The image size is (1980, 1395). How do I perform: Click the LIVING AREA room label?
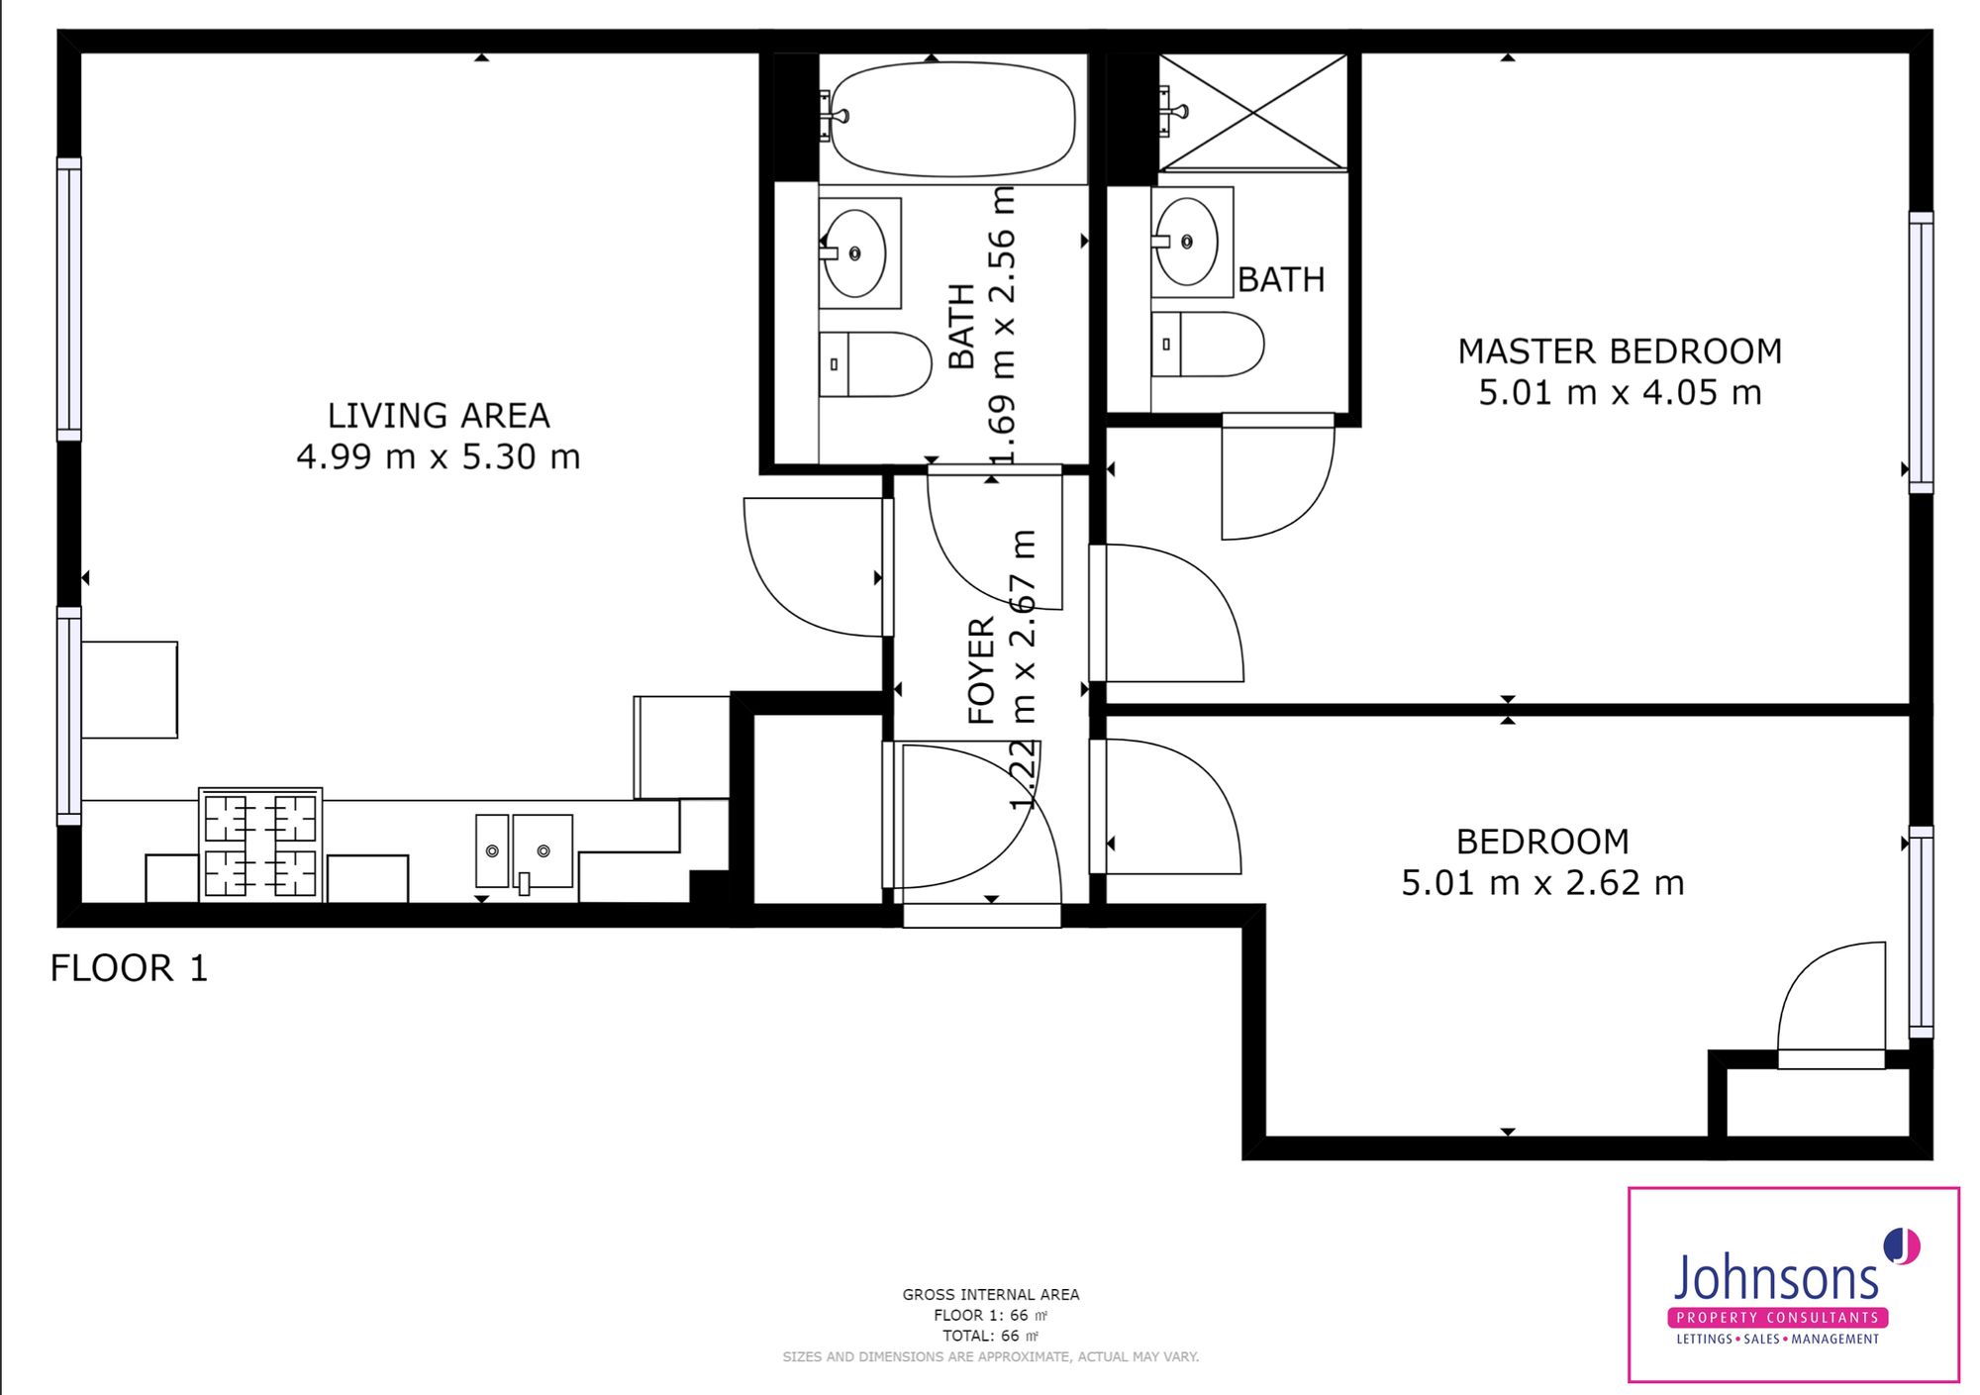click(439, 415)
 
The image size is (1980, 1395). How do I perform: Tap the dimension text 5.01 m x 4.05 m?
click(1620, 393)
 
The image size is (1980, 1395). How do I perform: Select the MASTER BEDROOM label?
click(1620, 351)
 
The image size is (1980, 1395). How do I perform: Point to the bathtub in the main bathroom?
click(952, 119)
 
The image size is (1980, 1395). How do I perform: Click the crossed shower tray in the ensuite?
click(1253, 112)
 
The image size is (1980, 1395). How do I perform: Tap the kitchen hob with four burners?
click(260, 846)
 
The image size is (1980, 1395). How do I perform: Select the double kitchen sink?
click(525, 850)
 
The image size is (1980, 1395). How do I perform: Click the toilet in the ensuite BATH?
click(1208, 345)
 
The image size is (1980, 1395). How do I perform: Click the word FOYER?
click(980, 670)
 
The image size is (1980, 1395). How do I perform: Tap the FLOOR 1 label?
click(129, 968)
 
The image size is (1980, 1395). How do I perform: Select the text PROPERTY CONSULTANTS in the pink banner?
click(1777, 1318)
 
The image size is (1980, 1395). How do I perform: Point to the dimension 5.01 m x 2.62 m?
click(1542, 883)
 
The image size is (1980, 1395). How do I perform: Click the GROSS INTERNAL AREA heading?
click(990, 1294)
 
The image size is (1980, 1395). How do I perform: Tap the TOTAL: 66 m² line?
click(990, 1336)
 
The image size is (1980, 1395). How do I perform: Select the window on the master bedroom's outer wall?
click(1921, 351)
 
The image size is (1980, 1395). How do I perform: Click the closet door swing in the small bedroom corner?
click(1831, 1005)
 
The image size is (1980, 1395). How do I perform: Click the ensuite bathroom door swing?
click(1277, 480)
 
